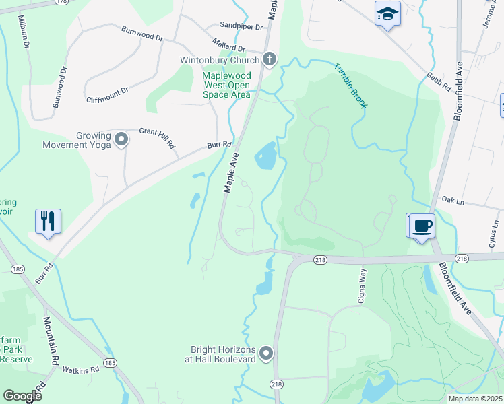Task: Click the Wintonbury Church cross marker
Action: pos(269,59)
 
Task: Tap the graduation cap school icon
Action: pos(387,14)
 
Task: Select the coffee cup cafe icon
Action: pos(422,226)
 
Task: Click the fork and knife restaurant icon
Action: pos(47,221)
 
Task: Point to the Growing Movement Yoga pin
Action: pos(121,139)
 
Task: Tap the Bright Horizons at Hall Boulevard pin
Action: pos(266,353)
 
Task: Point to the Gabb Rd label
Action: pos(438,83)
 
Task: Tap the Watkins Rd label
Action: pos(81,370)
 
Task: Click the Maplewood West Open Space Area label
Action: pos(226,85)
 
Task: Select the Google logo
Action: pos(22,395)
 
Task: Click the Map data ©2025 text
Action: pos(475,399)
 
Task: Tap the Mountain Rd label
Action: pos(51,341)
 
